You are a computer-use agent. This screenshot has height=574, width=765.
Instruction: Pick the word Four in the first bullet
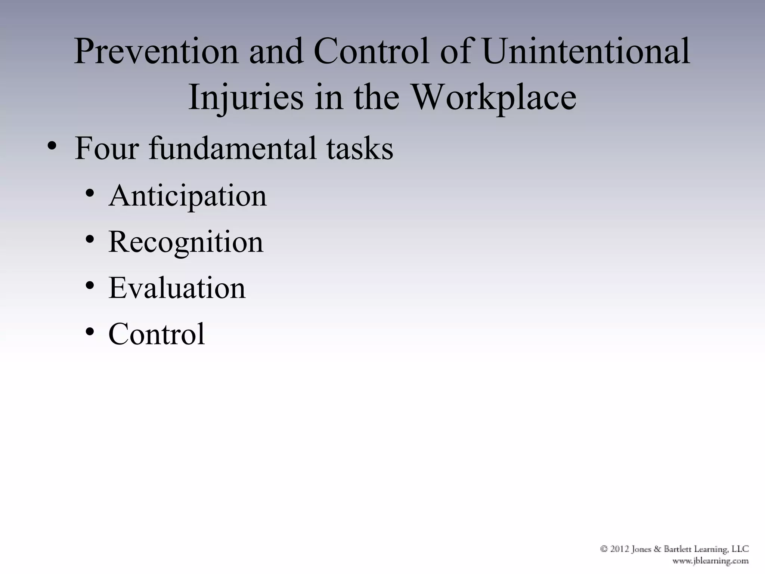(x=107, y=148)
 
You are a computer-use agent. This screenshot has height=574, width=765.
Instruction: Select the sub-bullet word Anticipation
(x=188, y=196)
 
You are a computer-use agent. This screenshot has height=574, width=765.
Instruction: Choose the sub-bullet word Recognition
(x=186, y=242)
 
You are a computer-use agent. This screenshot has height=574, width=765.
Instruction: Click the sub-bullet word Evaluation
(x=177, y=288)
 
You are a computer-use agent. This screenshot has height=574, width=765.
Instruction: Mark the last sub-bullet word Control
(x=157, y=334)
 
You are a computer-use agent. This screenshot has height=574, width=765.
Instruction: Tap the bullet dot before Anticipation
(x=89, y=194)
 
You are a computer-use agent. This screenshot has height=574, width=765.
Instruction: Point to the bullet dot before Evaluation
(x=89, y=286)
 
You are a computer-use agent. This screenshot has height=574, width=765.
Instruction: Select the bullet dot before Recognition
(x=89, y=240)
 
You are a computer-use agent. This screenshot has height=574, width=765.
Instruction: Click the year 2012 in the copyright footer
(x=619, y=549)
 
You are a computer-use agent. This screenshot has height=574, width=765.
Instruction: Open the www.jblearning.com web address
(x=710, y=561)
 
